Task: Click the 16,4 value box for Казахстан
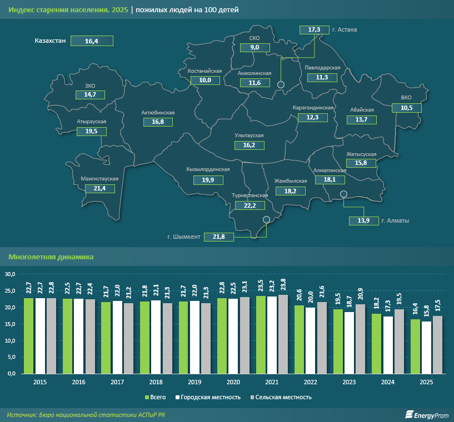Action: (92, 41)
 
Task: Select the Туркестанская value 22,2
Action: (250, 205)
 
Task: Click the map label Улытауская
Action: (250, 135)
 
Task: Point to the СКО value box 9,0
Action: (255, 48)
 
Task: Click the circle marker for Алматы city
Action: (343, 194)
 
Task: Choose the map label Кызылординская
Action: (208, 169)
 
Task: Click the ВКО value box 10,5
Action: (407, 108)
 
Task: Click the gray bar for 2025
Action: (438, 345)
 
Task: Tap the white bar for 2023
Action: (350, 343)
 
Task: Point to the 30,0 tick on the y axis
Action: (11, 274)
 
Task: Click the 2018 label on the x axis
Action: (156, 383)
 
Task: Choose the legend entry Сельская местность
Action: (281, 397)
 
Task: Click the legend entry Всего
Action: (156, 397)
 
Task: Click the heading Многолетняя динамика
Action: (51, 257)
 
